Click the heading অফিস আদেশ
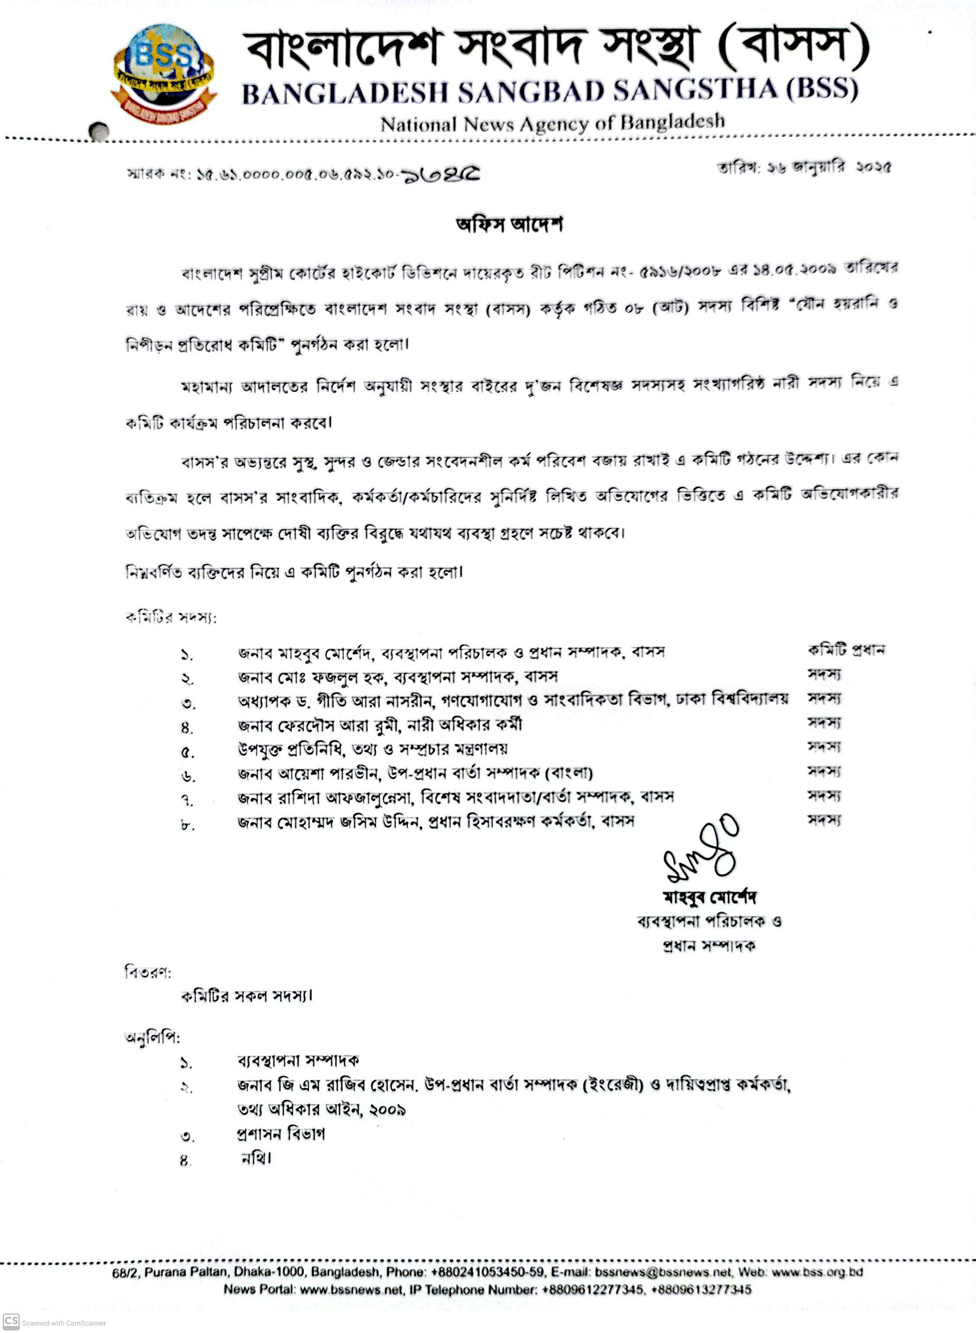click(509, 225)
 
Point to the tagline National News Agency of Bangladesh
click(552, 123)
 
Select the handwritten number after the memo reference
click(441, 175)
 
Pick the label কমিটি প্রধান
click(846, 650)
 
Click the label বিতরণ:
click(148, 972)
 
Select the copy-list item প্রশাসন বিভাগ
click(281, 1134)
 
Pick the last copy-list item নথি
click(256, 1159)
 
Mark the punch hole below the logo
click(99, 131)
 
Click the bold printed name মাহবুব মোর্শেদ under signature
click(709, 897)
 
